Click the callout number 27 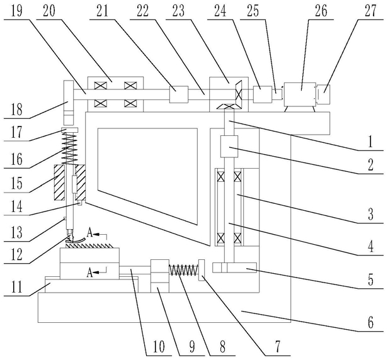pyautogui.click(x=370, y=11)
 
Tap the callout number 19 pyautogui.click(x=16, y=11)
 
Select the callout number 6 pyautogui.click(x=370, y=322)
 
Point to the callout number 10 pyautogui.click(x=159, y=347)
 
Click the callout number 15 pyautogui.click(x=16, y=183)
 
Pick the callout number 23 pyautogui.click(x=179, y=11)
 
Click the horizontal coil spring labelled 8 pyautogui.click(x=183, y=270)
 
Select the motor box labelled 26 pyautogui.click(x=300, y=94)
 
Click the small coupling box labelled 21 pyautogui.click(x=179, y=94)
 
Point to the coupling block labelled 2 pyautogui.click(x=229, y=147)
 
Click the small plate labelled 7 pyautogui.click(x=202, y=270)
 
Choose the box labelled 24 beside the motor pyautogui.click(x=262, y=94)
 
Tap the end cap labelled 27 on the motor pyautogui.click(x=323, y=94)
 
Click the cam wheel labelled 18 pyautogui.click(x=69, y=103)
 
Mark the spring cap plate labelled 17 pyautogui.click(x=69, y=130)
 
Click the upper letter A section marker pyautogui.click(x=89, y=233)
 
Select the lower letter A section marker pyautogui.click(x=89, y=273)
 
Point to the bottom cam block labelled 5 pyautogui.click(x=234, y=267)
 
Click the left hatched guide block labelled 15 pyautogui.click(x=59, y=183)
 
